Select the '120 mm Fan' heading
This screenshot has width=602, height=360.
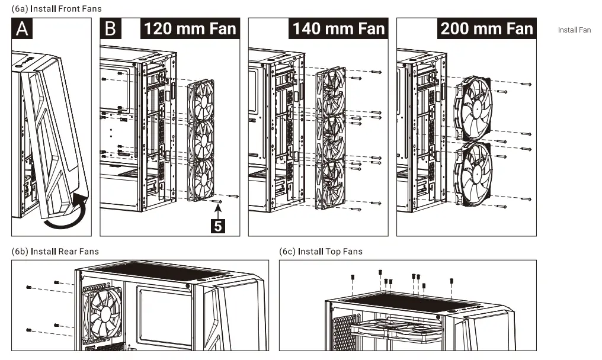coord(190,28)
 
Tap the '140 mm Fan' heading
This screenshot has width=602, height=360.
coord(338,28)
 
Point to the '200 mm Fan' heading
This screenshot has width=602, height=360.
coord(486,28)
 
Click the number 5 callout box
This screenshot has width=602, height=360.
coord(219,226)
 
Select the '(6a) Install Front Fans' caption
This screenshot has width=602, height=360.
coord(56,9)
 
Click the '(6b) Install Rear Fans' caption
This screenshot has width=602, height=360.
coord(55,252)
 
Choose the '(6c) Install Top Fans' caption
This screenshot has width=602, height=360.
coord(321,252)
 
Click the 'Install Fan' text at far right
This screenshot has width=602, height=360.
coord(574,30)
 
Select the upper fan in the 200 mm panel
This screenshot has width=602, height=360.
coord(473,107)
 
